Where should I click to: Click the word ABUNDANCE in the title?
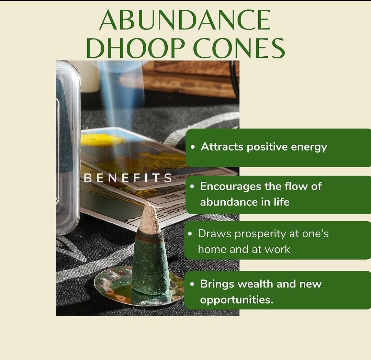185,20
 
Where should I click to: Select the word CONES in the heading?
239,48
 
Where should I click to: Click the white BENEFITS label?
128,178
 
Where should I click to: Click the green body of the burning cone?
150,262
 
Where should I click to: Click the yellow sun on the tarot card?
101,139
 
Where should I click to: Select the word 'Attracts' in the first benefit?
222,147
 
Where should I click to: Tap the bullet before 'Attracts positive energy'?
193,147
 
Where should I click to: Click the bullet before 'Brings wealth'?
192,284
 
